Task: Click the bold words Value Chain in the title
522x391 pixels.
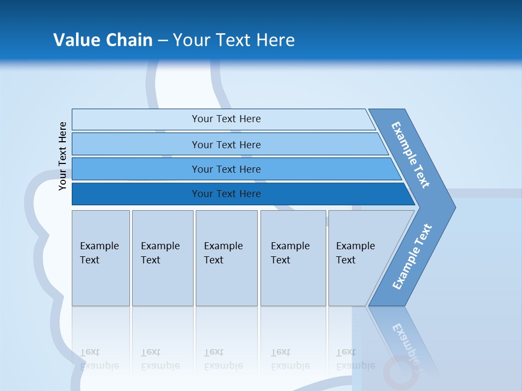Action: pos(103,40)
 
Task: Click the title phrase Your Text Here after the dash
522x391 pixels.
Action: pos(234,40)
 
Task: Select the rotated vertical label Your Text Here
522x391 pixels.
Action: pos(63,156)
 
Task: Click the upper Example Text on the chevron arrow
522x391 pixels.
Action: pos(411,155)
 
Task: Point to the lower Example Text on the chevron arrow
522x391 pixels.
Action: pos(412,257)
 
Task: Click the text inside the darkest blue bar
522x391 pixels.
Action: pos(226,194)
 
